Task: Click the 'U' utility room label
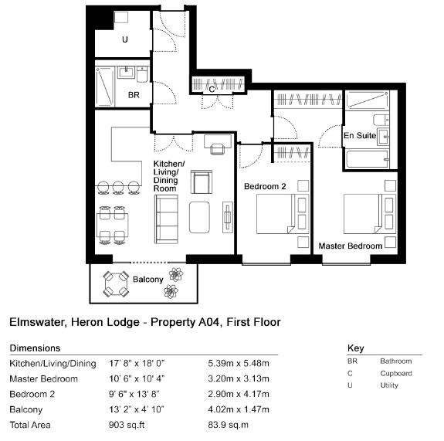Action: pos(125,39)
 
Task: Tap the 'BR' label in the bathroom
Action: pos(134,95)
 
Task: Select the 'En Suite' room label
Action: pos(360,135)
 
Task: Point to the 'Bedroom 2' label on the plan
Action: pos(265,186)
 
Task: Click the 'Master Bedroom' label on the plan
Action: pos(351,246)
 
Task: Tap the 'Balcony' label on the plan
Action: pos(147,280)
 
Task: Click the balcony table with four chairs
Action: pos(116,284)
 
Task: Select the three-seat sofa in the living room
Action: pos(166,219)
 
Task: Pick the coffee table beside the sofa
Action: pos(199,217)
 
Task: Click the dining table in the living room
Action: pos(113,226)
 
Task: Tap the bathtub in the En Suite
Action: pos(368,159)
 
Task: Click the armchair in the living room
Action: pos(202,181)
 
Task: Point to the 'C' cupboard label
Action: pos(212,90)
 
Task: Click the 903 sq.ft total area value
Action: pos(127,425)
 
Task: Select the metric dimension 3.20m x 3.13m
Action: pos(239,378)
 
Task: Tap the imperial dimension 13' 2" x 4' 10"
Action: pos(137,409)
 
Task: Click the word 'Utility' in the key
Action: pos(389,385)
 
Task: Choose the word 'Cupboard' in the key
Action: pos(396,373)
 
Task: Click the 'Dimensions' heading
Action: pos(35,348)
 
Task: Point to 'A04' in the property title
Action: pos(209,322)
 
